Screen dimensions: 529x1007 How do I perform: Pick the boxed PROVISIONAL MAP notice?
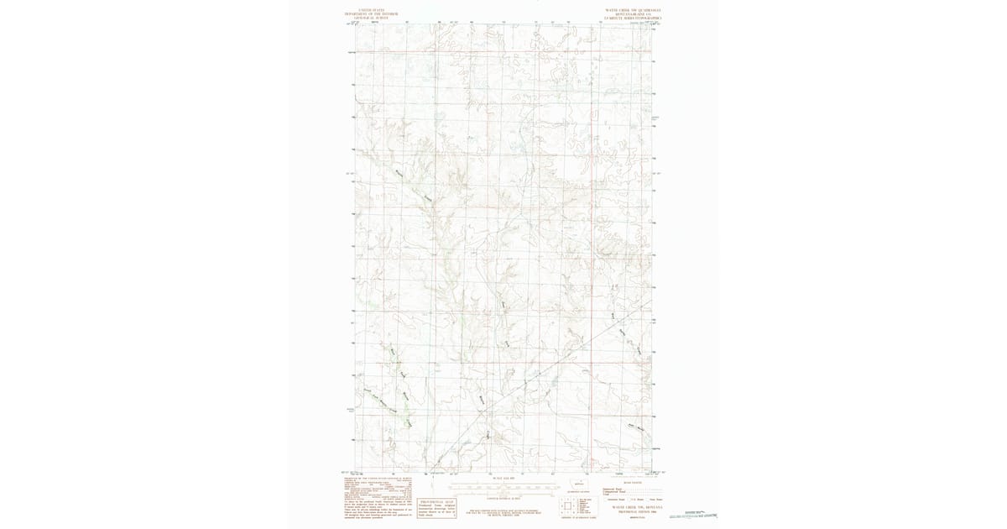pos(436,505)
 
